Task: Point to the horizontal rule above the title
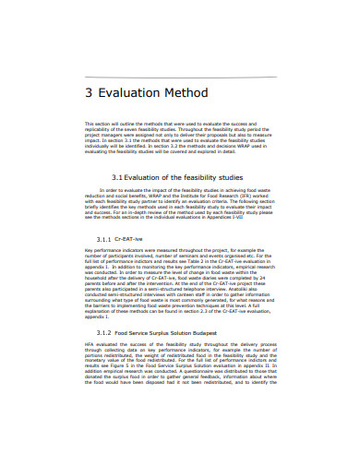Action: [181, 76]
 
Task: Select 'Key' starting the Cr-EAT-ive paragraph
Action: [89, 251]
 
